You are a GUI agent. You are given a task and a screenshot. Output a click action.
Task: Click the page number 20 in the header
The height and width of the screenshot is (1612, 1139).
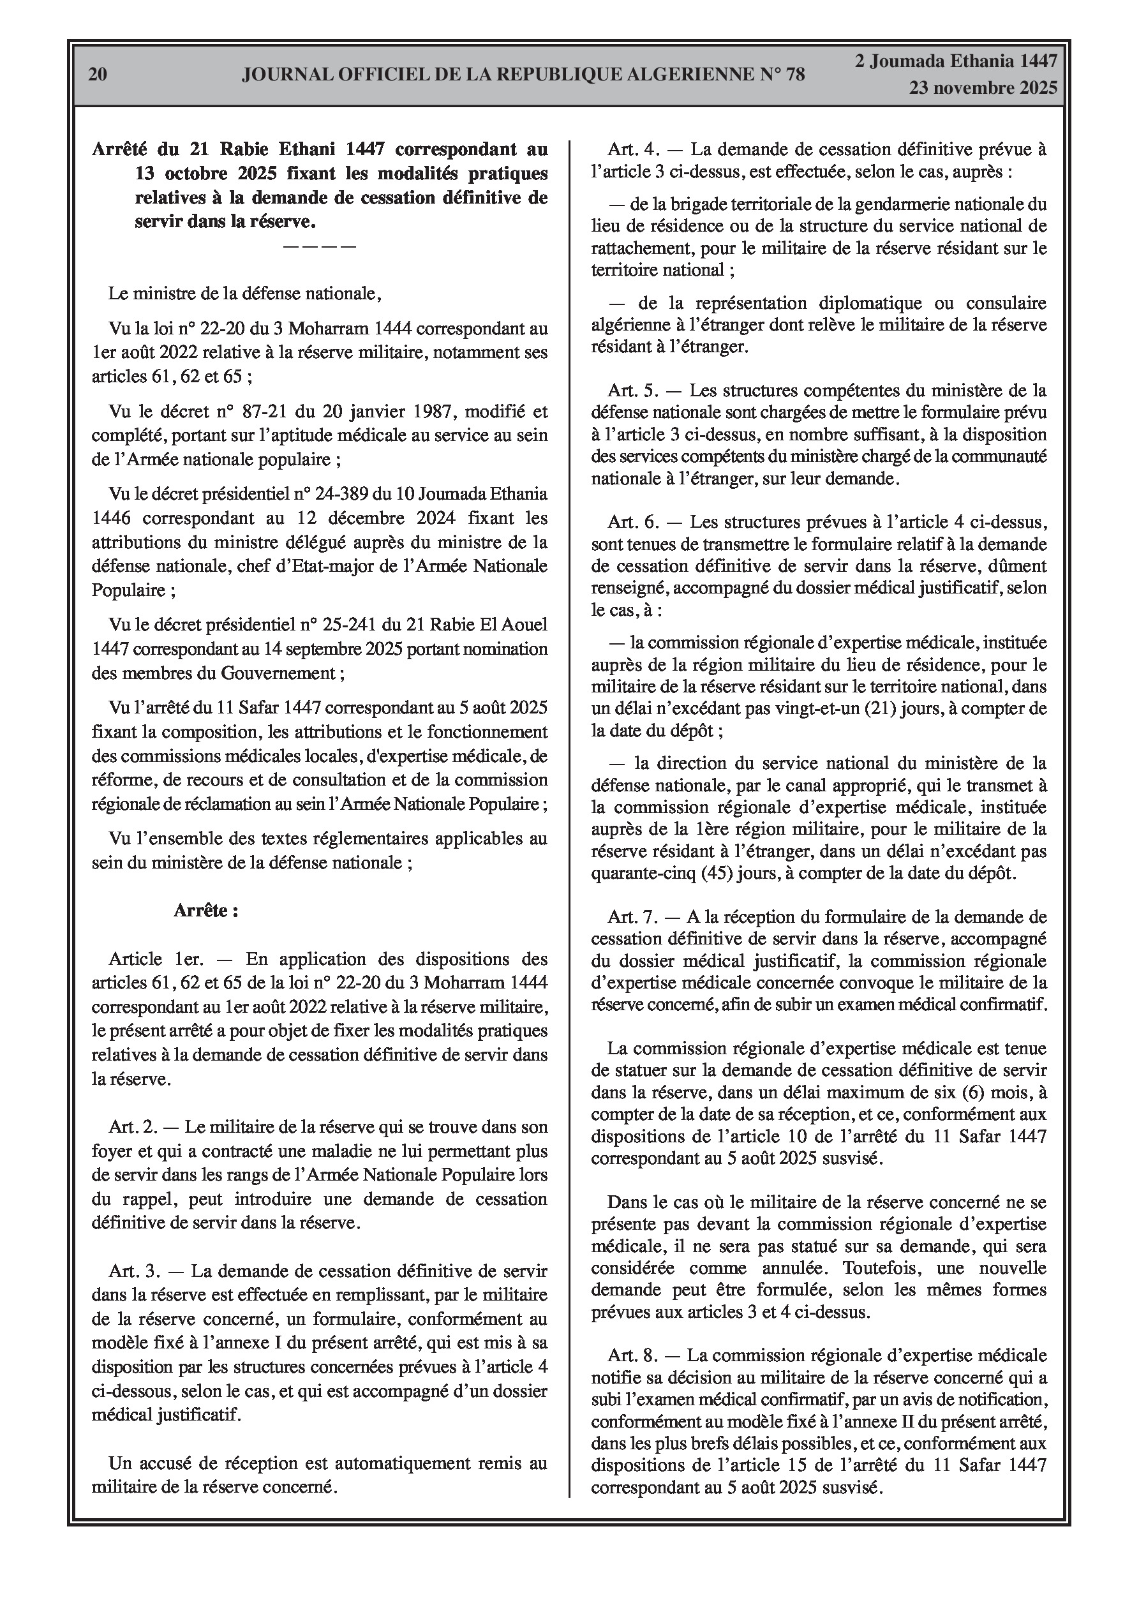pyautogui.click(x=98, y=75)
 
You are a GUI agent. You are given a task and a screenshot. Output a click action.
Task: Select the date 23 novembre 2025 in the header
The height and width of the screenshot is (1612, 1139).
pyautogui.click(x=983, y=89)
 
